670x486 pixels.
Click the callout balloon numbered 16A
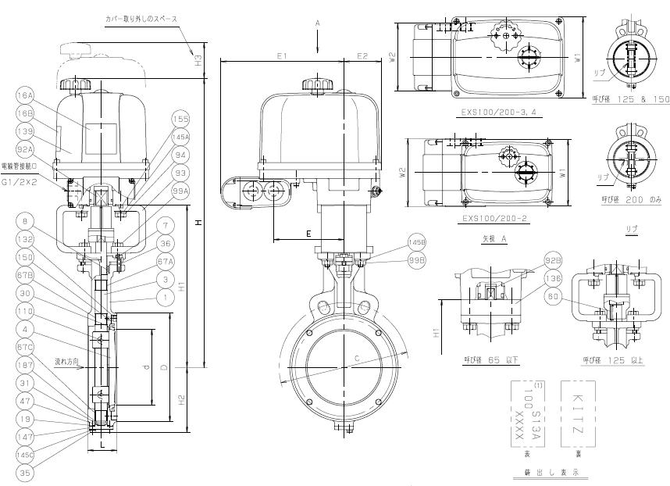[24, 95]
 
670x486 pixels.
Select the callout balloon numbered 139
[24, 130]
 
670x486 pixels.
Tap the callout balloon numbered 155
[180, 119]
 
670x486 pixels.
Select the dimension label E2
[362, 56]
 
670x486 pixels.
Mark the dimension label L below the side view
[102, 445]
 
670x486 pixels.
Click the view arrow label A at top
[318, 24]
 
